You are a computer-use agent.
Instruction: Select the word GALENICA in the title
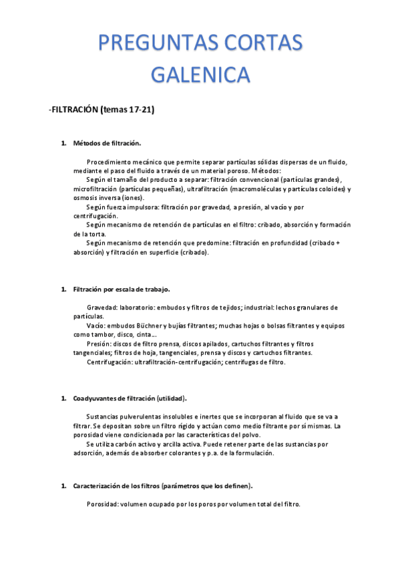tap(200, 74)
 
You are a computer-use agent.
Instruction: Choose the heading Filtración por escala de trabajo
tap(122, 290)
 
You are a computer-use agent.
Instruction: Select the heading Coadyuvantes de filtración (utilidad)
tap(130, 399)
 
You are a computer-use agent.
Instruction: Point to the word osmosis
tap(87, 198)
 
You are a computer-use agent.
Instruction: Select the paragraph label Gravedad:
tap(102, 308)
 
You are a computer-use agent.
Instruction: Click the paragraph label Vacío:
tap(97, 326)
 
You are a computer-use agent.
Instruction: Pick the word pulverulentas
tap(133, 416)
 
